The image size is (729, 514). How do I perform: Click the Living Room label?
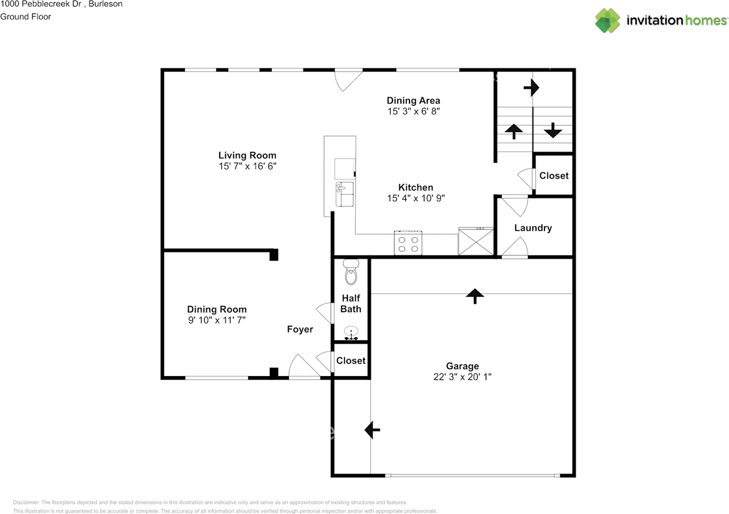point(247,155)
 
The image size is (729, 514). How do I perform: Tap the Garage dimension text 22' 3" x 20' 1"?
point(462,377)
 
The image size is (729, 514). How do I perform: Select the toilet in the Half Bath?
point(351,274)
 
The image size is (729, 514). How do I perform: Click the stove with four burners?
point(408,243)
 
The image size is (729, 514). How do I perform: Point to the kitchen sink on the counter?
point(345,193)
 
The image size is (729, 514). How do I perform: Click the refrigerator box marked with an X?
point(476,241)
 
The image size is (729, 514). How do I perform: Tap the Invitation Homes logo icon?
point(608,21)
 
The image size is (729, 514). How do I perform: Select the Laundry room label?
point(533,228)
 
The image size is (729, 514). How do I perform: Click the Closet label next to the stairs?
point(554,176)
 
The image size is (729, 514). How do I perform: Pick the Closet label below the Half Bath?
point(351,361)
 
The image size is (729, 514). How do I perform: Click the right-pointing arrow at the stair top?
point(531,88)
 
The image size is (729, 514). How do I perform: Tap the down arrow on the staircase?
point(552,131)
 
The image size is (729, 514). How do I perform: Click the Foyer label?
point(300,329)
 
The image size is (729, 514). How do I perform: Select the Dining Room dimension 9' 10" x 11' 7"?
point(217,320)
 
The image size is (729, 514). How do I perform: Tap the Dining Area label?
point(413,101)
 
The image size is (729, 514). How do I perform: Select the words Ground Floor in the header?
point(26,17)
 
